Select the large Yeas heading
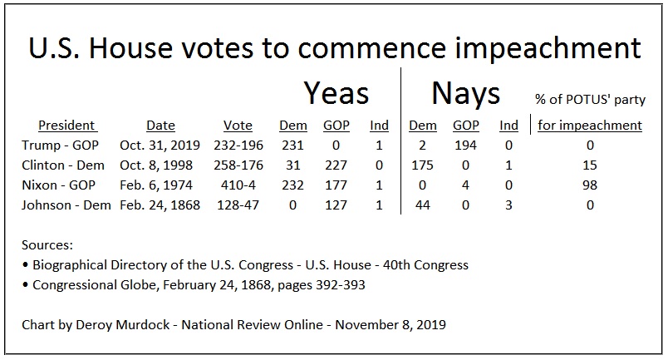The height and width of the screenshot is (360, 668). (x=336, y=92)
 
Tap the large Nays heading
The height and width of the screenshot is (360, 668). (x=465, y=92)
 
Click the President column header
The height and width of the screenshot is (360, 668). (x=66, y=126)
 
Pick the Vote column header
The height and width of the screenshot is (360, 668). (x=238, y=126)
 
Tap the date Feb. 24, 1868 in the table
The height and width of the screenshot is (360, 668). (x=160, y=205)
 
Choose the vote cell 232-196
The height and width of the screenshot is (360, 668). (x=238, y=145)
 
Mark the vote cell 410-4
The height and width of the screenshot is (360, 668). (x=238, y=185)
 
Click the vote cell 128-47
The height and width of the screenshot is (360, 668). (x=238, y=205)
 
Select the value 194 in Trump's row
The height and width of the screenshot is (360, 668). (x=465, y=145)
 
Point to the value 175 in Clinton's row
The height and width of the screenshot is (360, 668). (x=423, y=165)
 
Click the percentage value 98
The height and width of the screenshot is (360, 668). (x=590, y=185)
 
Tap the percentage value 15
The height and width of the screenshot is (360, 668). (x=590, y=165)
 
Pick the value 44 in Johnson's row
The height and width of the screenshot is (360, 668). (x=423, y=205)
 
